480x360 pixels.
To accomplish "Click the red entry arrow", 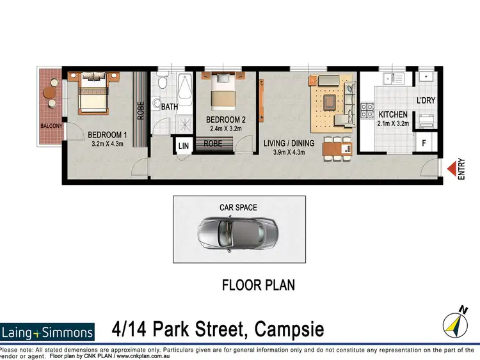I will point(452,169).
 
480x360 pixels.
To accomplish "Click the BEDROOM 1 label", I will point(108,135).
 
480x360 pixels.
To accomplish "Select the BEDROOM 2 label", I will point(226,119).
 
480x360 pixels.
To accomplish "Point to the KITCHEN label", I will point(392,114).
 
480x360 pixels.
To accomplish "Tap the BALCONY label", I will point(51,126).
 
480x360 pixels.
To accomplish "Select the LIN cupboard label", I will point(184,146).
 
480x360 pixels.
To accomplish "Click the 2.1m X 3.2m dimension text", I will point(392,123).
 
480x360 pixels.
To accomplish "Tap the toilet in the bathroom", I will point(161,83).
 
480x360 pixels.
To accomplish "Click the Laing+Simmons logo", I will point(47,331).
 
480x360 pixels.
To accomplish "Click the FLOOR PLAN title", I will point(258,285).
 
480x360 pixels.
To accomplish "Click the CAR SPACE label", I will point(237,207).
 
